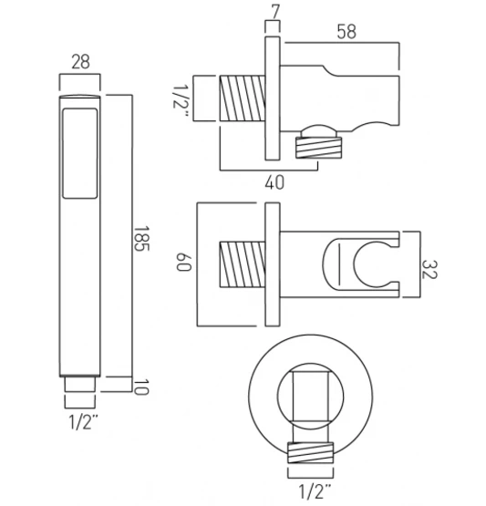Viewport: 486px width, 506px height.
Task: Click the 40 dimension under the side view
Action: tap(272, 182)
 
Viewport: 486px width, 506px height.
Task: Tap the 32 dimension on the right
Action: tap(431, 269)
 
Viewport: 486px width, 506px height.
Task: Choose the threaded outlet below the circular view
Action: tap(314, 452)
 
